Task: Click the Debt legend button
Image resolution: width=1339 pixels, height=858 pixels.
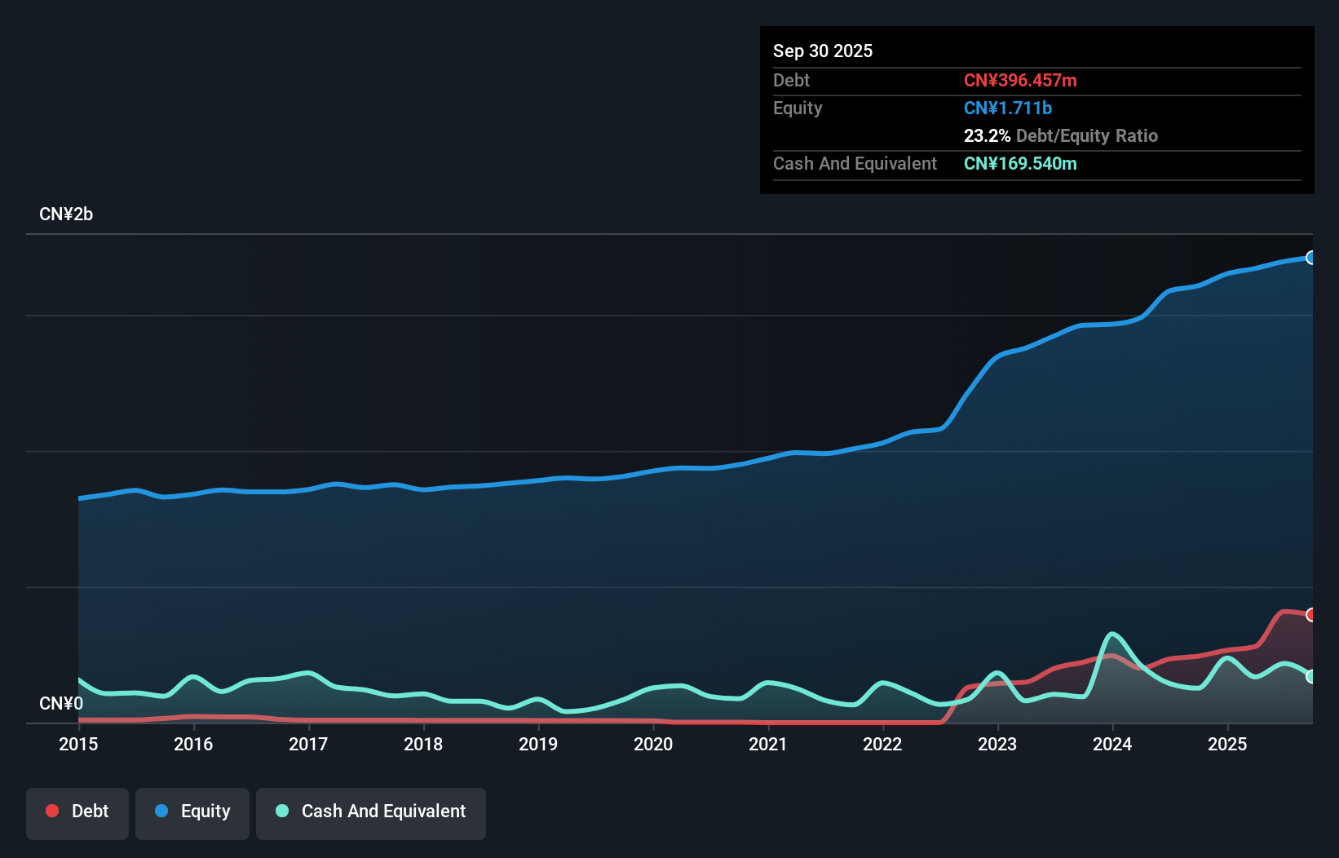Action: [77, 812]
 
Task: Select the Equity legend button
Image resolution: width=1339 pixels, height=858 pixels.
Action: [192, 812]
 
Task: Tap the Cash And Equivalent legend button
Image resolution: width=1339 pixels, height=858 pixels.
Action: [371, 812]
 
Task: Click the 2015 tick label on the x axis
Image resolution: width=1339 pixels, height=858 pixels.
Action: [78, 744]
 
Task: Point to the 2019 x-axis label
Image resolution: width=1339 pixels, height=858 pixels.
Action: [538, 744]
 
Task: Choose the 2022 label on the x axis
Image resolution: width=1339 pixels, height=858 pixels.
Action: [882, 744]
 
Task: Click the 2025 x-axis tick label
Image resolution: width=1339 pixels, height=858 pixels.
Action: [1227, 744]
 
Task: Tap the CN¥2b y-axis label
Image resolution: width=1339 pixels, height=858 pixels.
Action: [66, 214]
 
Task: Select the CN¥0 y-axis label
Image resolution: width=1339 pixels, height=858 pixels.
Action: [61, 703]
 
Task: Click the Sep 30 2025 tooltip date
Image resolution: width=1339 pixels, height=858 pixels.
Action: [823, 51]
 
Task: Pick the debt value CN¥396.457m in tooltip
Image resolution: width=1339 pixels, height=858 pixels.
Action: [1020, 81]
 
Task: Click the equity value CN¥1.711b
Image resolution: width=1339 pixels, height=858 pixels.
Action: [1008, 108]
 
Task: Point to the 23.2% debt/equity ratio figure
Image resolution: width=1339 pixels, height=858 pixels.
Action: [987, 136]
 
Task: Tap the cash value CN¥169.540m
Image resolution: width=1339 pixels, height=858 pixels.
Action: [1020, 164]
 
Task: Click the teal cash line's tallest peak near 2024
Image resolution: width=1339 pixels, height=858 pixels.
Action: [1111, 634]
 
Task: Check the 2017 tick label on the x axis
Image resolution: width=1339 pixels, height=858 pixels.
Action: [308, 744]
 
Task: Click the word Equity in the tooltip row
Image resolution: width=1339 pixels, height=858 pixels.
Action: [798, 108]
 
